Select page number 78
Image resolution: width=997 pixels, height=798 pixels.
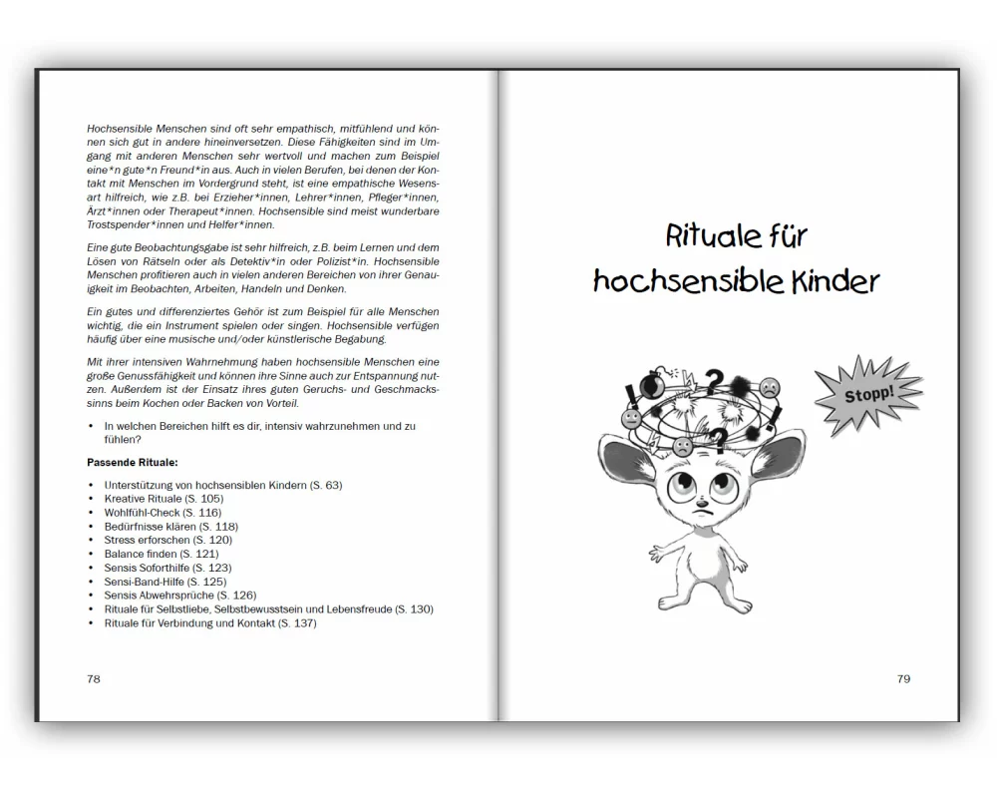[x=94, y=678]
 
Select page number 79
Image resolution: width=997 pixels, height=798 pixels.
[x=903, y=678]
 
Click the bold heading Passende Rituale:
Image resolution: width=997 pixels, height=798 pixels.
[x=133, y=463]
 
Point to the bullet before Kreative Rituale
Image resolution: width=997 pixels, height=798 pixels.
[x=92, y=499]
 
